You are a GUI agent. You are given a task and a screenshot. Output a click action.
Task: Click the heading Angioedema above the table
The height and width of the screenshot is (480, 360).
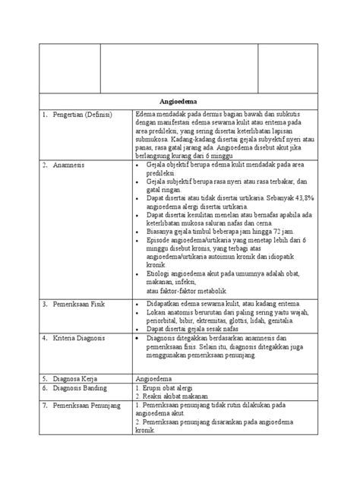coord(180,100)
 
